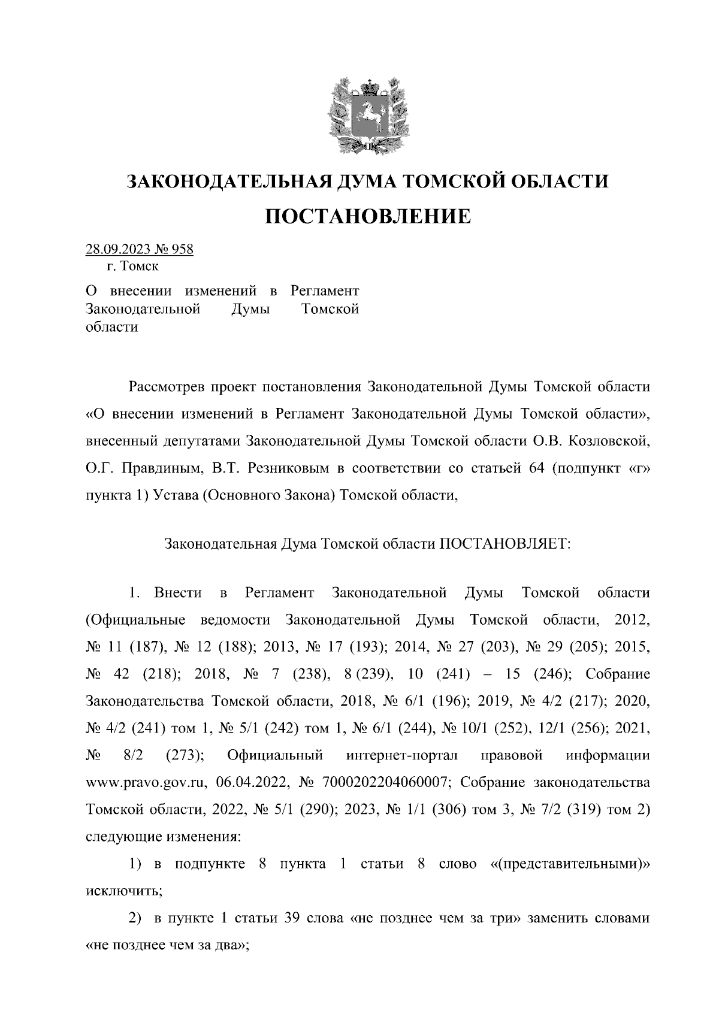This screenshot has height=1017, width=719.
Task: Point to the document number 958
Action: click(182, 249)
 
